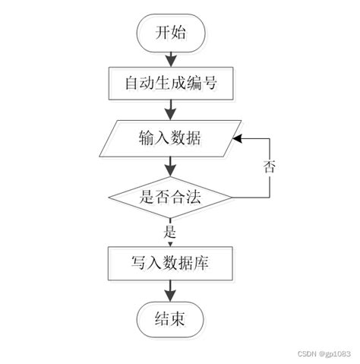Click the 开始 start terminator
click(170, 33)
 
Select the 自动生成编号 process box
click(170, 84)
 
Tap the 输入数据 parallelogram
click(170, 139)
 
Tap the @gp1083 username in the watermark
click(335, 354)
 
